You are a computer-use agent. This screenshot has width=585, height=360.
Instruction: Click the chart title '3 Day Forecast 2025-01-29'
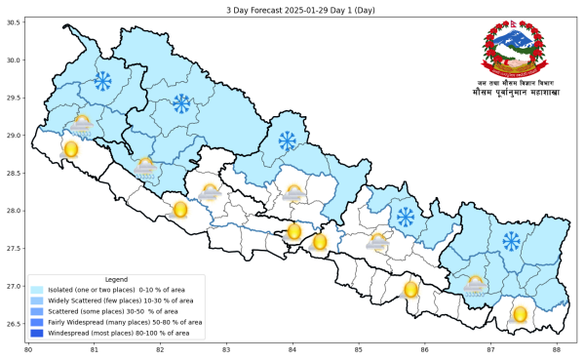[292, 7]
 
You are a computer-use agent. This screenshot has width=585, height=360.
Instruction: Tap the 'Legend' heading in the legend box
[116, 279]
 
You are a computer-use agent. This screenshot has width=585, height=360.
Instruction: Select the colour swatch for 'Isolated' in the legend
[37, 290]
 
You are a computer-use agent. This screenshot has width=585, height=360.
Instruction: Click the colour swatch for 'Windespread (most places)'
[37, 332]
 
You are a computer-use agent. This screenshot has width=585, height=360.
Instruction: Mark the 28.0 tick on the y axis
[14, 211]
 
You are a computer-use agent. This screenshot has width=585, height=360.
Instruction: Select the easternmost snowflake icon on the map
[511, 240]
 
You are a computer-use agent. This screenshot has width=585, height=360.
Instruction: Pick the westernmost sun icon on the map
[70, 149]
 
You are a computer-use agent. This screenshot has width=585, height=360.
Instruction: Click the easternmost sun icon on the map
[520, 314]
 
